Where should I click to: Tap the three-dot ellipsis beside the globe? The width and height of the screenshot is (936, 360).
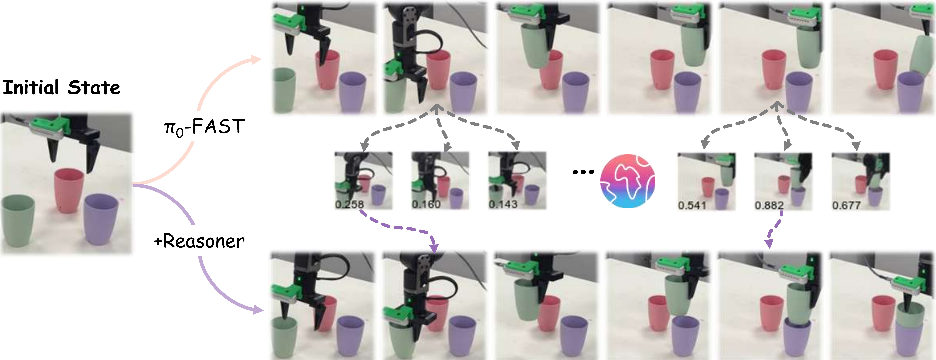pos(583,172)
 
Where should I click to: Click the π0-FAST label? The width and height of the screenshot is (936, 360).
pos(204,127)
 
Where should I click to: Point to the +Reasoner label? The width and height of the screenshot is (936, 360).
pos(199,241)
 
